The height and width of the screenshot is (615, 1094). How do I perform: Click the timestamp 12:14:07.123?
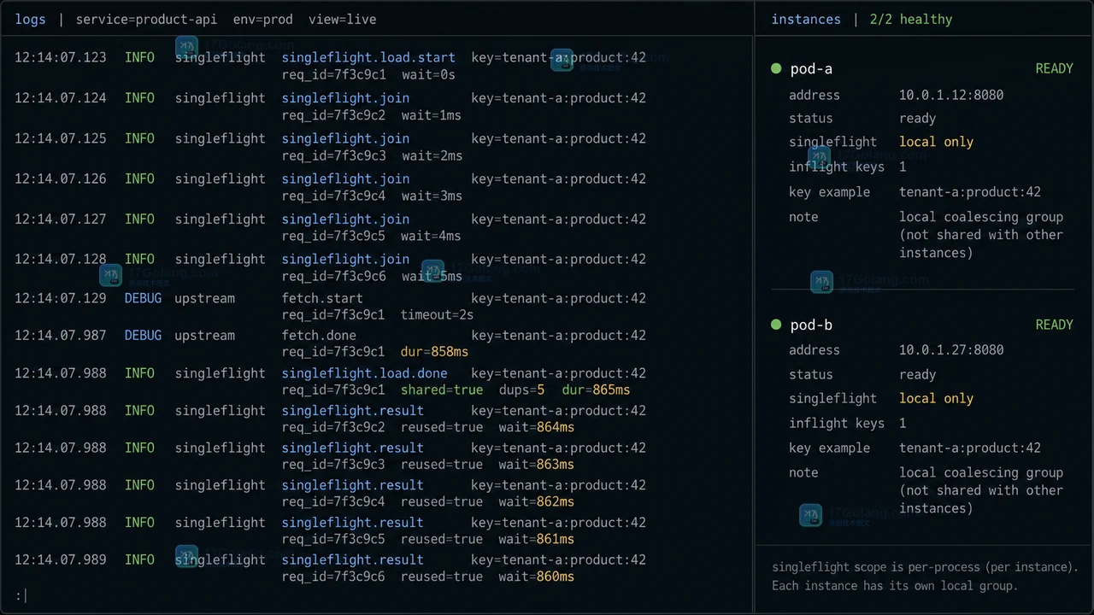pos(60,57)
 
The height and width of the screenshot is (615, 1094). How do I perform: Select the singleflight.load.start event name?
pos(368,57)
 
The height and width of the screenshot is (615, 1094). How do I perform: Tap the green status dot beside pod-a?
pos(776,68)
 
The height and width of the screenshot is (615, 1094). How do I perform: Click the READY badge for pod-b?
pos(1054,325)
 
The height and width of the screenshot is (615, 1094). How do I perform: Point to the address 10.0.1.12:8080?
pos(951,95)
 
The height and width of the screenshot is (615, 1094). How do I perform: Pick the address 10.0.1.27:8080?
pos(951,350)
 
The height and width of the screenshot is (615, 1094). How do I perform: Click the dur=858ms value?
pos(434,352)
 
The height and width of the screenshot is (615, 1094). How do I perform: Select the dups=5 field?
pos(521,390)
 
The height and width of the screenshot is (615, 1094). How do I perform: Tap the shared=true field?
pos(442,390)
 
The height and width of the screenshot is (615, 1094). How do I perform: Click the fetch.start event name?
pos(322,298)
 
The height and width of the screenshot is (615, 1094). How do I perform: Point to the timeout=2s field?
pos(437,315)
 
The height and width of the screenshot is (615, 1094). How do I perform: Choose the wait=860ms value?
pos(536,577)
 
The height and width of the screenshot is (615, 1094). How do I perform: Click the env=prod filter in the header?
pos(262,20)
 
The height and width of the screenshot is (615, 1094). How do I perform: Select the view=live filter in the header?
pos(342,20)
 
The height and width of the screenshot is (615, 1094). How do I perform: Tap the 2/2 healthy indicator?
pos(911,20)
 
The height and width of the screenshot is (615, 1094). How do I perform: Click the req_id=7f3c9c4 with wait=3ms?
pos(333,196)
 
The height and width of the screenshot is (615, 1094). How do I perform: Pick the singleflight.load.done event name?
pos(364,373)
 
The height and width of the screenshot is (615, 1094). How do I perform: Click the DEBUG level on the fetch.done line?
pos(143,336)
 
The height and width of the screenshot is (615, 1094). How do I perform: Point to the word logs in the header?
pos(30,20)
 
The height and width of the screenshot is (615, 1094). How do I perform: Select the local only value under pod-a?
pos(936,142)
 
